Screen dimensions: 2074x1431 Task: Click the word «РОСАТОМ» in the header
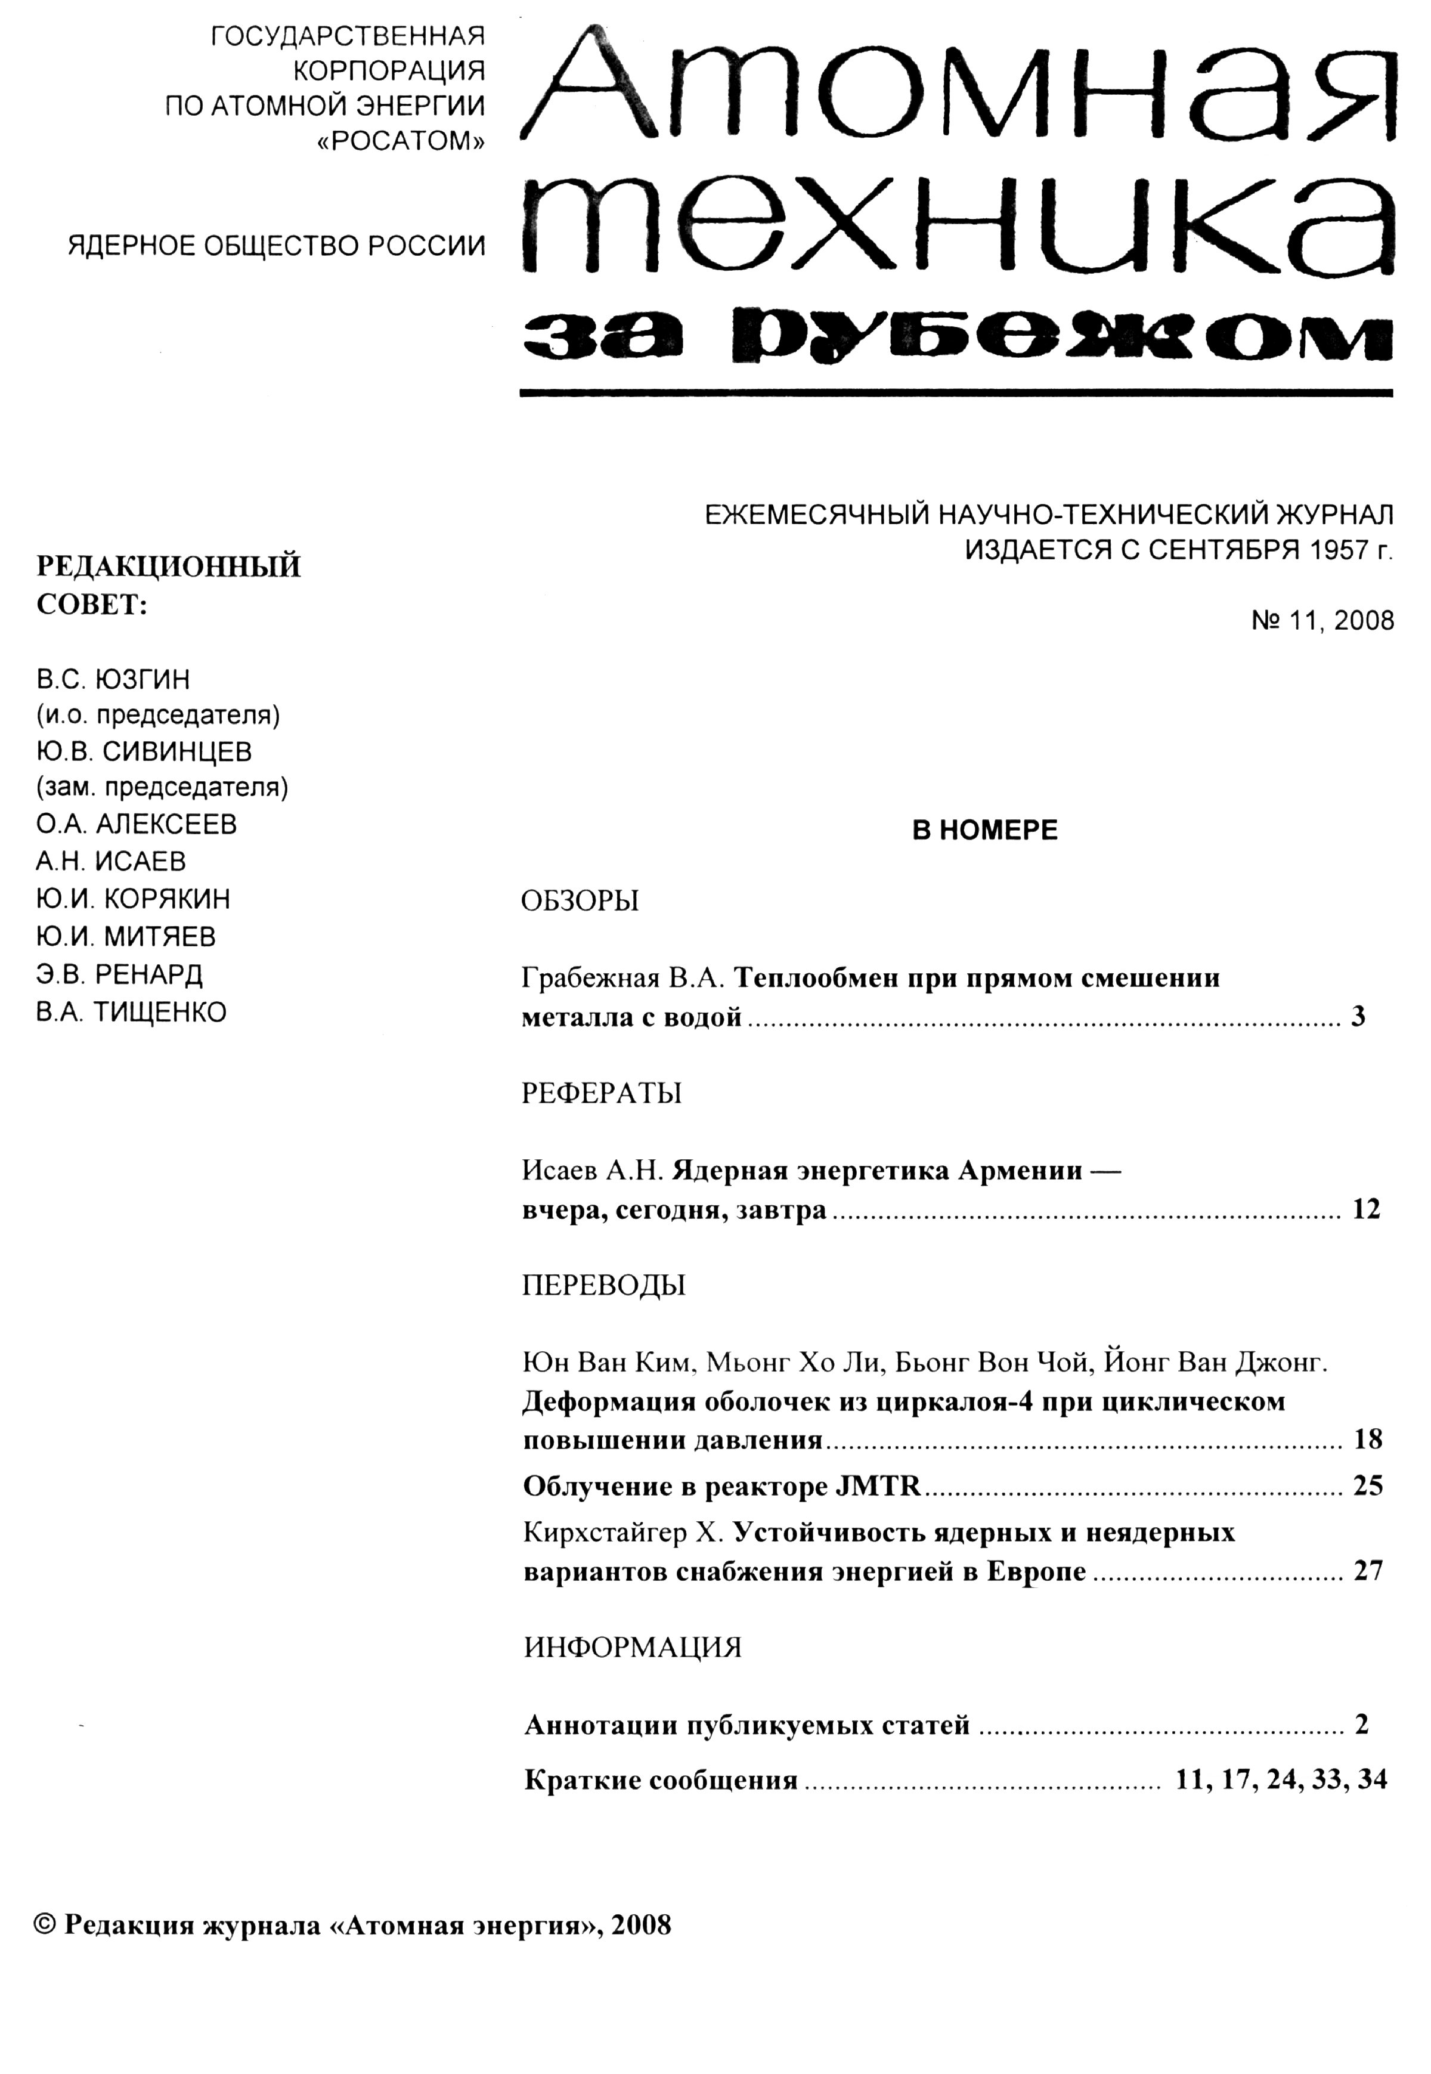pyautogui.click(x=402, y=141)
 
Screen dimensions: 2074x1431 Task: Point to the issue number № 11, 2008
pyautogui.click(x=1322, y=621)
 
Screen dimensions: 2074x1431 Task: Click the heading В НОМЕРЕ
pyautogui.click(x=984, y=830)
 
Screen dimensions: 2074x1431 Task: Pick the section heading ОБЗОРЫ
pyautogui.click(x=580, y=900)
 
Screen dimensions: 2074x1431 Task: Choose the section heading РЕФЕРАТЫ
pyautogui.click(x=602, y=1093)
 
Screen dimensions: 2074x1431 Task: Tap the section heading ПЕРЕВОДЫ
pyautogui.click(x=603, y=1285)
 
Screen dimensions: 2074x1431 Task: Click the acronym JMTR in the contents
pyautogui.click(x=878, y=1487)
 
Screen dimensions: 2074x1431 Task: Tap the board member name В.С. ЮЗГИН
pyautogui.click(x=113, y=679)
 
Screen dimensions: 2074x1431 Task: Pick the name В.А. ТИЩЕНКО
pyautogui.click(x=131, y=1011)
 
